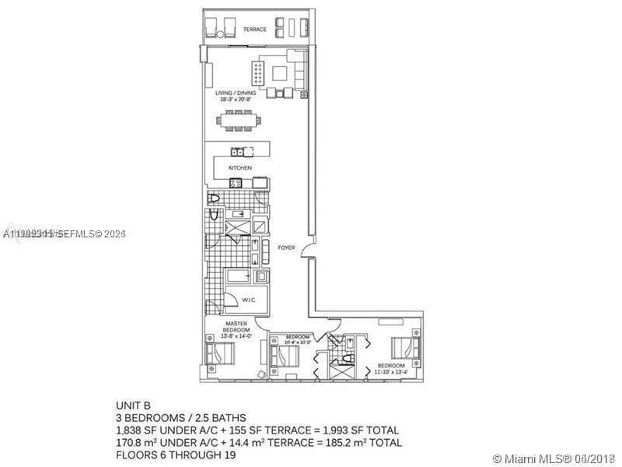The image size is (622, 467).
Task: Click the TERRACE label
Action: pos(254,30)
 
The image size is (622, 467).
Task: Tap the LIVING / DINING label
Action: pos(236,95)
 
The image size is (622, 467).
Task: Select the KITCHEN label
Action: pos(239,167)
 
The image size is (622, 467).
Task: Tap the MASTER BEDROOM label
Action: pos(236,327)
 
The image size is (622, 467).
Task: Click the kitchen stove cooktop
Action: pos(236,183)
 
